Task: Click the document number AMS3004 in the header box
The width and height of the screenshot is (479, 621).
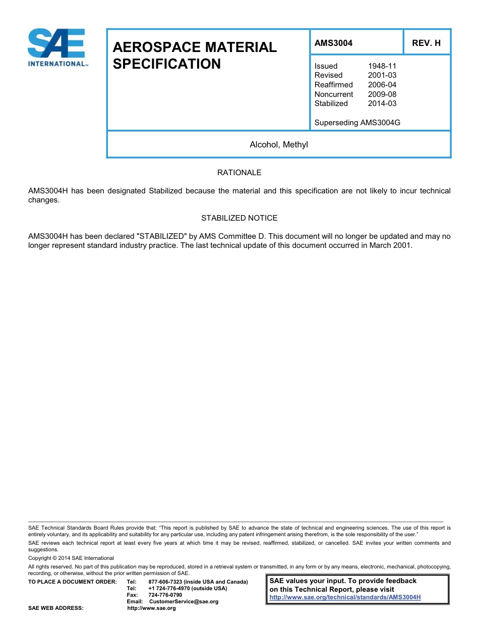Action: pyautogui.click(x=333, y=43)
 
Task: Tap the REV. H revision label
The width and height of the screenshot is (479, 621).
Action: pyautogui.click(x=426, y=43)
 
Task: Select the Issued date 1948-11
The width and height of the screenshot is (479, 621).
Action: pyautogui.click(x=382, y=66)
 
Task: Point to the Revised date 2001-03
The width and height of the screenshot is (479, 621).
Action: pyautogui.click(x=382, y=75)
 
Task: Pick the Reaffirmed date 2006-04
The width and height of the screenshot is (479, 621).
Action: pyautogui.click(x=382, y=85)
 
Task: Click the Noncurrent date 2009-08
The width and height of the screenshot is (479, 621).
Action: pyautogui.click(x=382, y=94)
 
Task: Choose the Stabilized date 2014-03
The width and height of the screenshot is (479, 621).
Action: pyautogui.click(x=382, y=103)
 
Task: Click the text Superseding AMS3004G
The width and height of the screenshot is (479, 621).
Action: pyautogui.click(x=357, y=123)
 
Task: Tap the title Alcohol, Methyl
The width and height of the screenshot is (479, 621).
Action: pyautogui.click(x=279, y=145)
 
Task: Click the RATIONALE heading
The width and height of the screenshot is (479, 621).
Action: pyautogui.click(x=239, y=173)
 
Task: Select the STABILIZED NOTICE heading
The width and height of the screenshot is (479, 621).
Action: pyautogui.click(x=239, y=218)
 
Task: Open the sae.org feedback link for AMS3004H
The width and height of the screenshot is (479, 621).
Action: pyautogui.click(x=345, y=597)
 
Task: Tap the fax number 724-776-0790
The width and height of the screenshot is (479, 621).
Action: pyautogui.click(x=165, y=595)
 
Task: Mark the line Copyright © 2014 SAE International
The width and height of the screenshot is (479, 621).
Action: pyautogui.click(x=71, y=558)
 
